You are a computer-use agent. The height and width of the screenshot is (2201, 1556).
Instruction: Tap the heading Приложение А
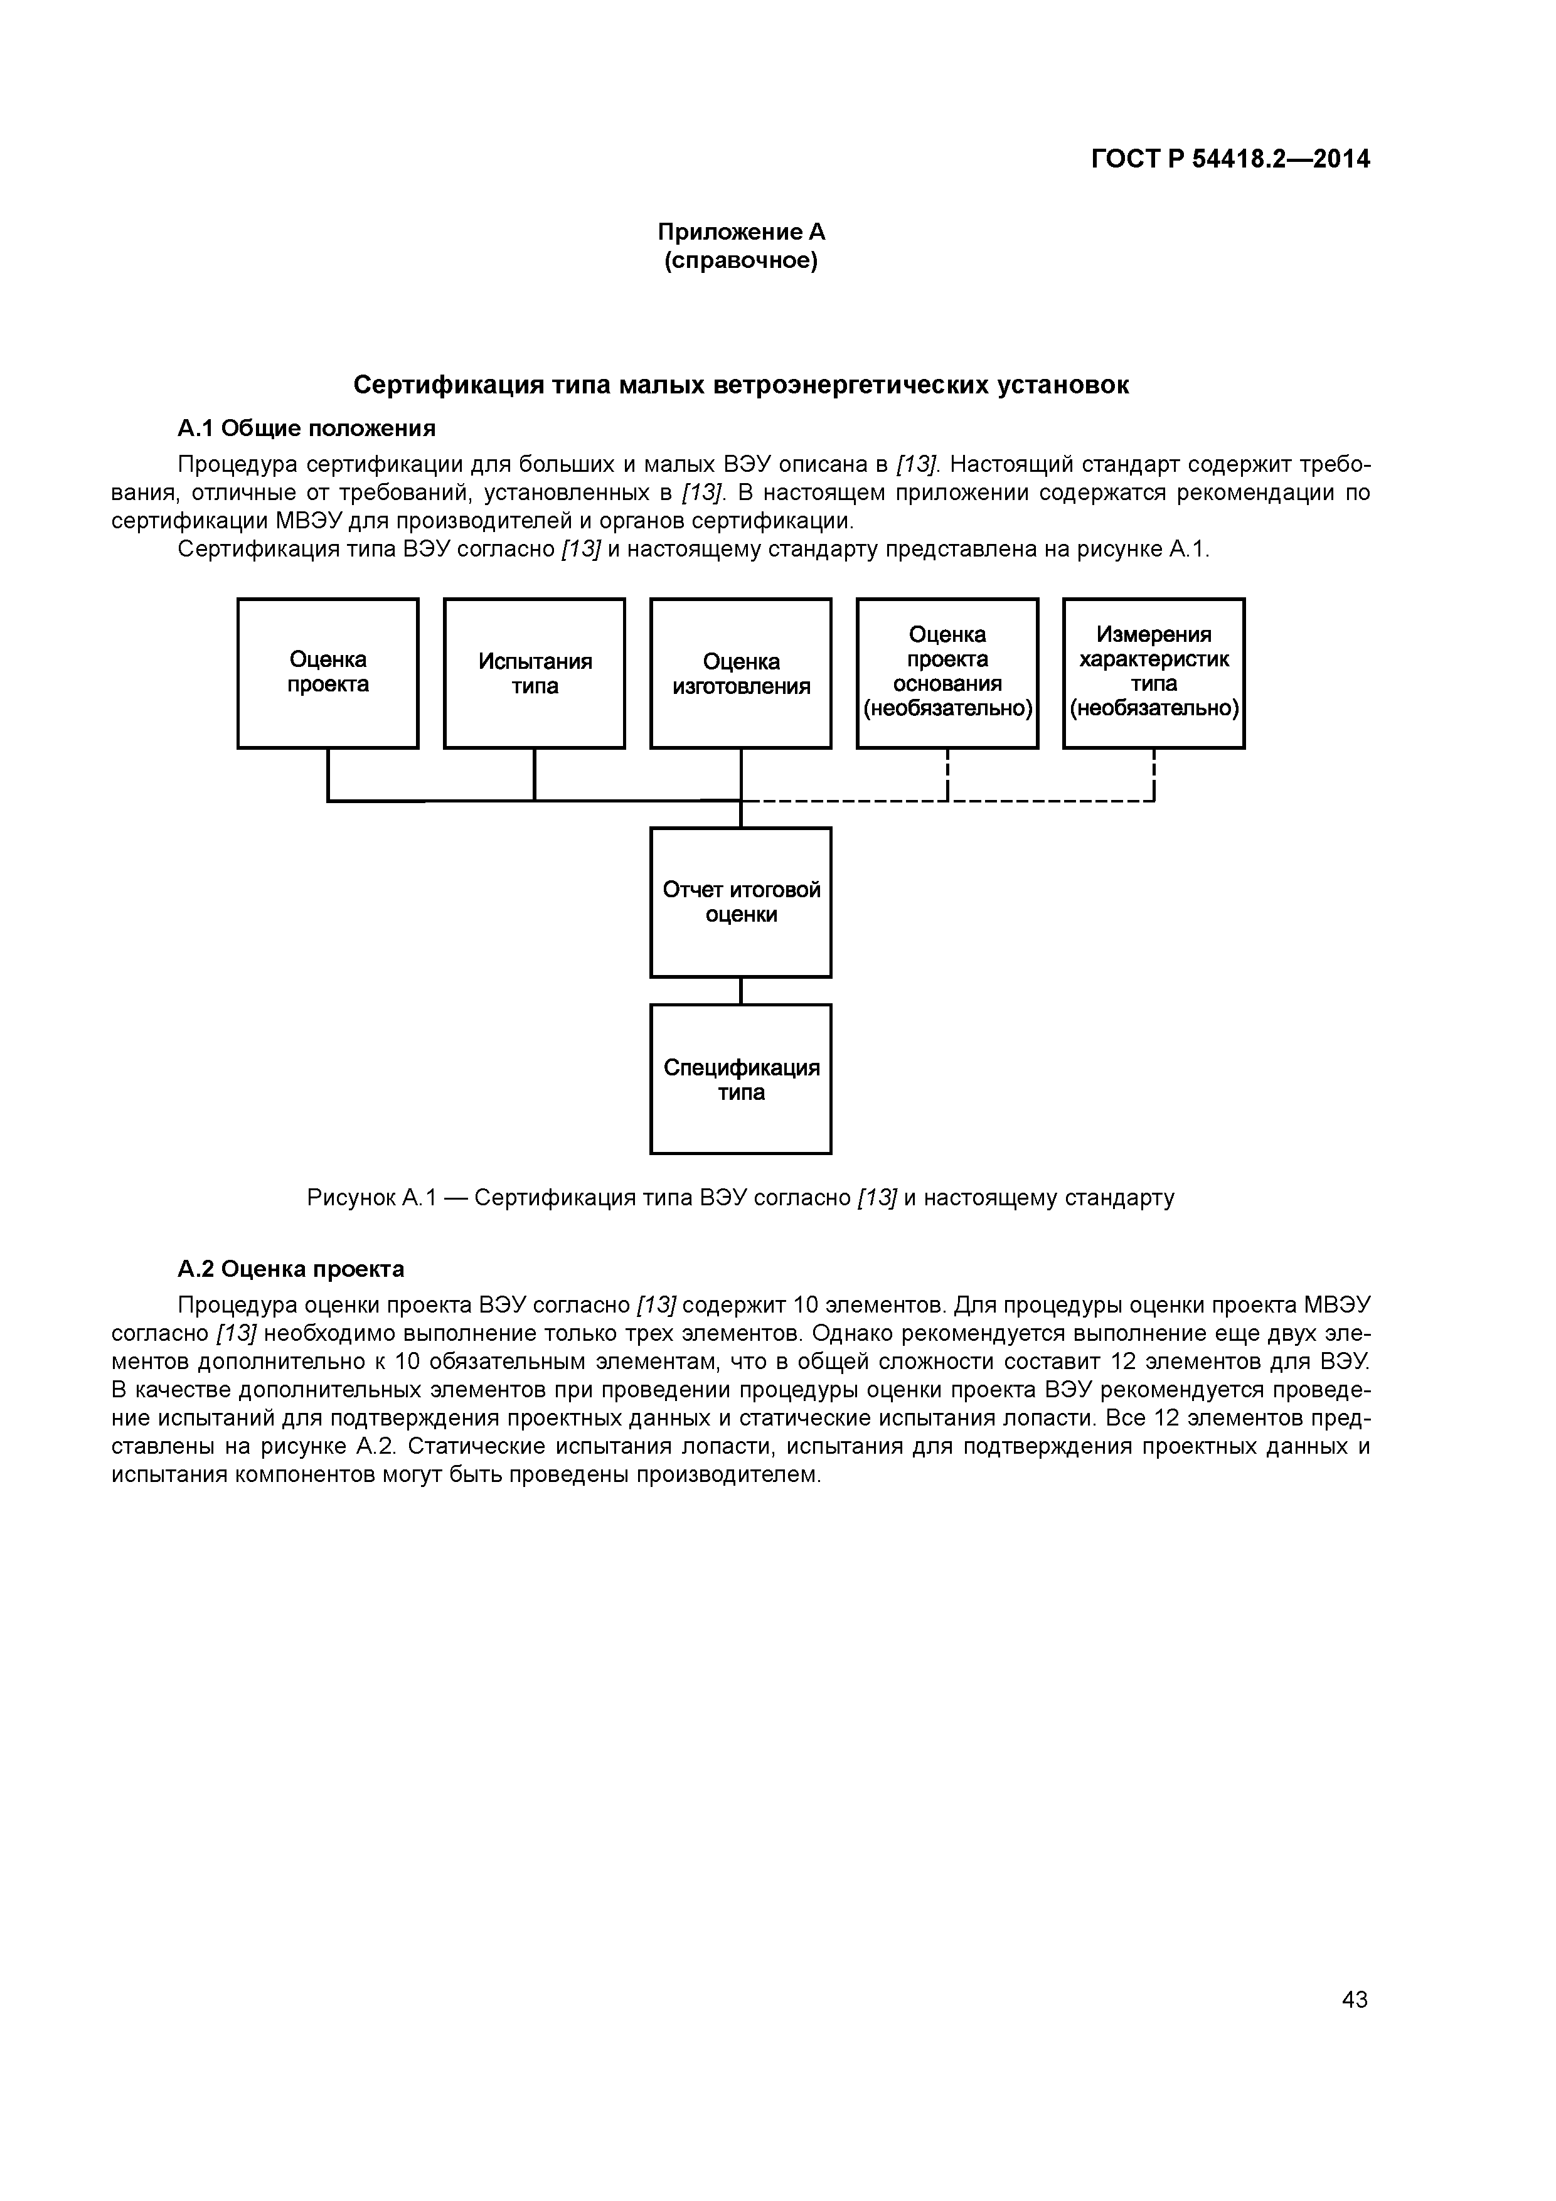click(x=740, y=232)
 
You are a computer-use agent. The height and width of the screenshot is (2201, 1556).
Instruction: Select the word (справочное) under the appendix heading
click(x=740, y=261)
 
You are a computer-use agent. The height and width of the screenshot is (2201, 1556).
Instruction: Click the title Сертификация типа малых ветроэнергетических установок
click(x=740, y=385)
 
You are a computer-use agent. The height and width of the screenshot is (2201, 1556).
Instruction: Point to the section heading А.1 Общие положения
click(x=306, y=427)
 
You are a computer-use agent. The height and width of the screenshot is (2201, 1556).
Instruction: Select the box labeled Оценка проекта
click(x=328, y=673)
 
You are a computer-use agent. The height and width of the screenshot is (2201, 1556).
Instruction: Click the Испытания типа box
click(x=534, y=673)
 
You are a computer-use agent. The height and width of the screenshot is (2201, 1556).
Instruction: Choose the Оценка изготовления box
click(x=740, y=673)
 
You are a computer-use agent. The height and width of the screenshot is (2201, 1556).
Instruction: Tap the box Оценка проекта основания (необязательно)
click(x=947, y=673)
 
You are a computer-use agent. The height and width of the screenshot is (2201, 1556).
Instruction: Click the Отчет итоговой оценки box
click(x=740, y=902)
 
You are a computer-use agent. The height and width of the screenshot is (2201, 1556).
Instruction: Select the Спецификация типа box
click(x=740, y=1079)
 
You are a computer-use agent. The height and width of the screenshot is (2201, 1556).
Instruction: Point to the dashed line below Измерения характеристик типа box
click(x=1154, y=772)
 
